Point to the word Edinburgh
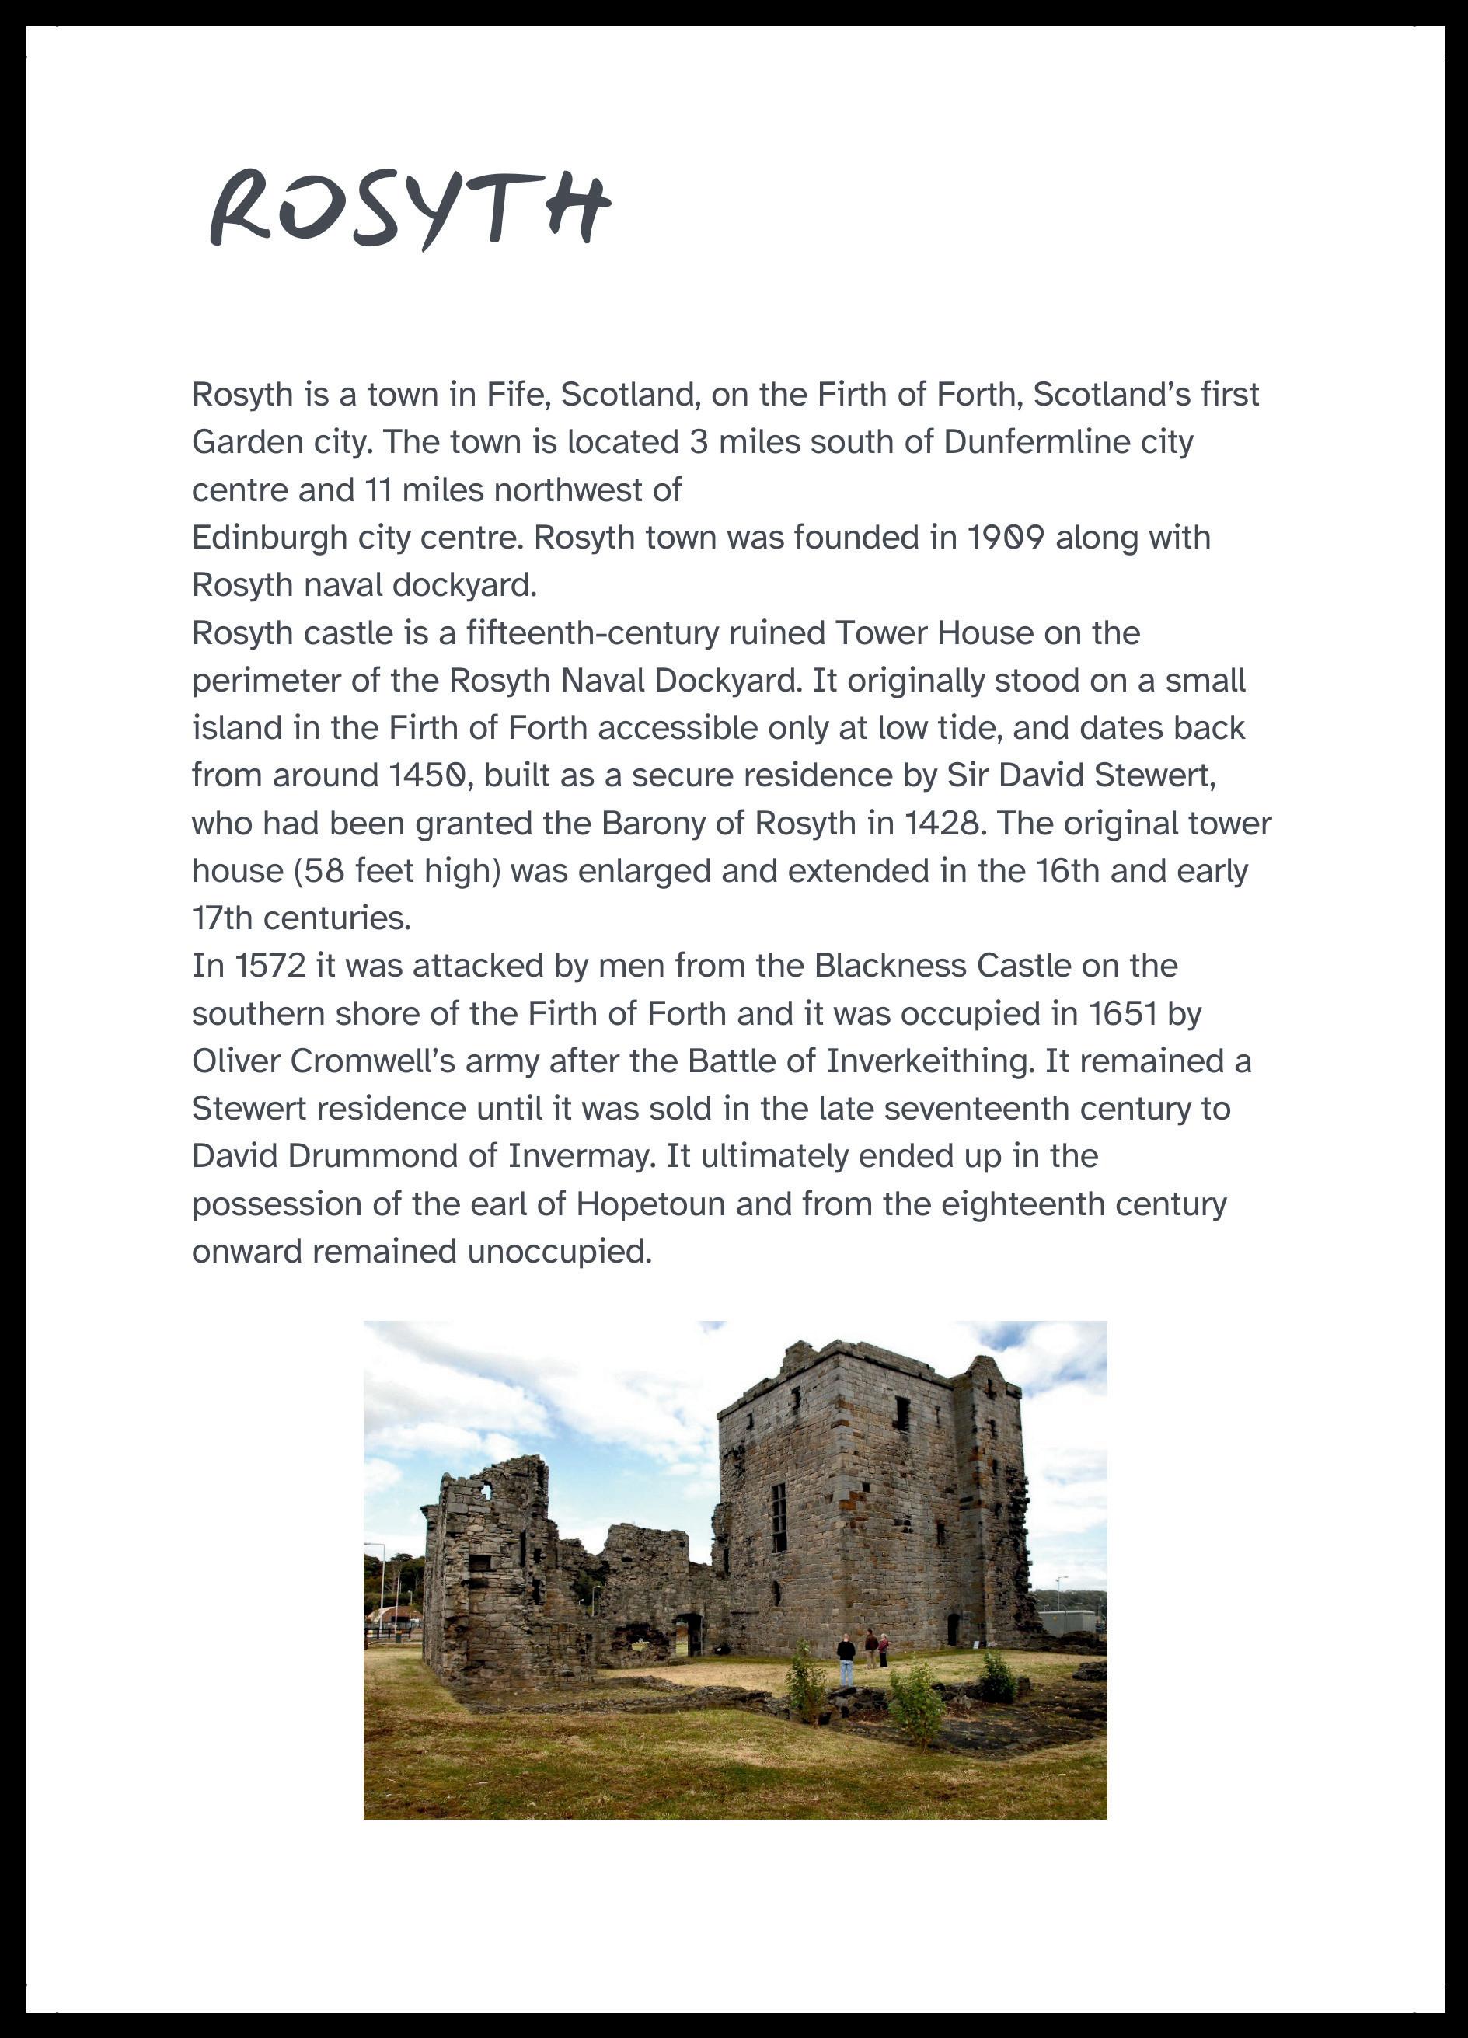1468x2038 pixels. [269, 538]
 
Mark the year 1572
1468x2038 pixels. [270, 966]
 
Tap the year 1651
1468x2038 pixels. [1122, 1014]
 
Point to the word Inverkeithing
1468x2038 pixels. [929, 1061]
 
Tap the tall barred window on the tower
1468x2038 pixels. [779, 1517]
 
